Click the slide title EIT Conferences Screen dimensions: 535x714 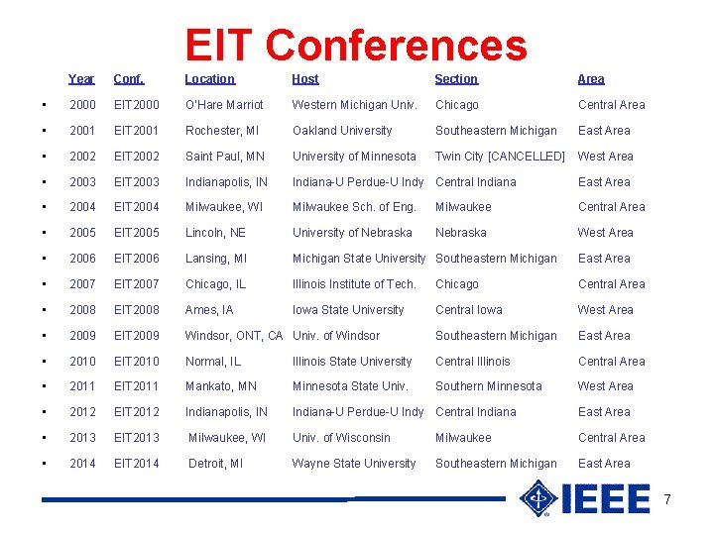356,45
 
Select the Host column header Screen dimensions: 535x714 305,79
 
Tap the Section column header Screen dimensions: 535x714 456,79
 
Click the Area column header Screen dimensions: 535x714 591,79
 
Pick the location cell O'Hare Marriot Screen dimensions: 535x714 224,105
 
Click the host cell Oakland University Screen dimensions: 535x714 342,131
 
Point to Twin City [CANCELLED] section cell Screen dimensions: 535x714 500,157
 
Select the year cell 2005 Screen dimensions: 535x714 83,233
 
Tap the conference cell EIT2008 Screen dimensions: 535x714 136,310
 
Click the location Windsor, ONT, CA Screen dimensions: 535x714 234,336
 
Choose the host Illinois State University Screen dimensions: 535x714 352,362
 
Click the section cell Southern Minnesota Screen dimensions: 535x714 489,386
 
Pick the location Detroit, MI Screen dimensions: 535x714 215,464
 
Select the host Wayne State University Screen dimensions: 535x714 354,464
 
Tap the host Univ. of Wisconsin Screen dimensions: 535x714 341,438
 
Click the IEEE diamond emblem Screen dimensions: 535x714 539,498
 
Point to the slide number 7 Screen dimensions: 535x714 667,499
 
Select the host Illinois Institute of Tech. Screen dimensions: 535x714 354,284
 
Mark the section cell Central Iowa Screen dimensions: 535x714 469,310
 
